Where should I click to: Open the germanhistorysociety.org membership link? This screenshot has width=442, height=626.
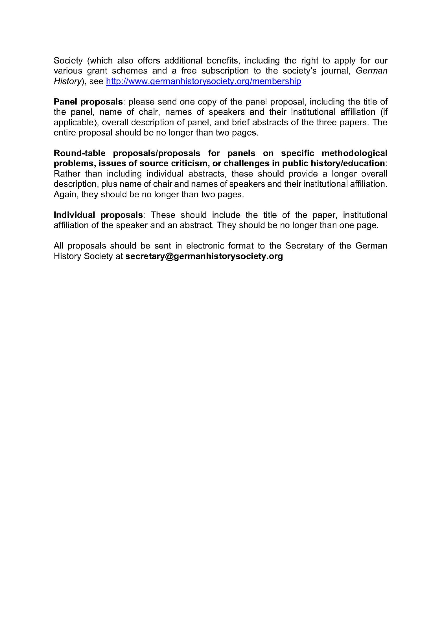(203, 81)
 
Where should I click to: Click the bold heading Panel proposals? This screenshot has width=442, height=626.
(88, 102)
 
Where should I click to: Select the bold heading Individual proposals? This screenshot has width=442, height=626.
(98, 215)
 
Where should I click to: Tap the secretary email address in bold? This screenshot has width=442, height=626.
(204, 256)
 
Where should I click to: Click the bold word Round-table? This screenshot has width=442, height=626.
(80, 153)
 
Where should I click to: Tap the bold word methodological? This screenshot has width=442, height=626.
(354, 153)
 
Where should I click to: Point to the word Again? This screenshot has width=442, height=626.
(65, 194)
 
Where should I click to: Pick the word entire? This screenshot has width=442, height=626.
(65, 133)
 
